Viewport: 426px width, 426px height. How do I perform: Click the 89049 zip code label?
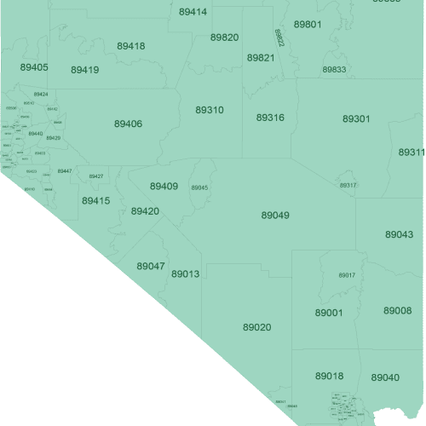275,216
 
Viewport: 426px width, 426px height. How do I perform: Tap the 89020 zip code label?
256,327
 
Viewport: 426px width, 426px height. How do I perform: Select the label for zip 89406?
128,124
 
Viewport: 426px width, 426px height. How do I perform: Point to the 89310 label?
210,111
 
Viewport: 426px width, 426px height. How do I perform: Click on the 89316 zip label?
270,118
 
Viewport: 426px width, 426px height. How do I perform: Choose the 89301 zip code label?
356,118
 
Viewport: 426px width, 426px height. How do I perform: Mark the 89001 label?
328,313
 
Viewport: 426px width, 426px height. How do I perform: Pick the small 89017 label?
346,275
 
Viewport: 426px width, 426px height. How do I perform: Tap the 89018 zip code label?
329,376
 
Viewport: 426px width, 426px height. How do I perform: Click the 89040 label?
385,377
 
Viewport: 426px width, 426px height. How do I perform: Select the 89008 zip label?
397,311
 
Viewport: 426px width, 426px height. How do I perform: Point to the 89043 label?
399,234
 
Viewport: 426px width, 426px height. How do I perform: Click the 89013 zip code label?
185,274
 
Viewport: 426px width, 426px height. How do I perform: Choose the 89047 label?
151,266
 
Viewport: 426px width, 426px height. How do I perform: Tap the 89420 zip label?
145,210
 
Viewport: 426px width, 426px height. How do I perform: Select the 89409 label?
164,186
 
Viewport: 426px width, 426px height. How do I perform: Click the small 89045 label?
199,187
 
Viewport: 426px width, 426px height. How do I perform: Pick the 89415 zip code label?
95,201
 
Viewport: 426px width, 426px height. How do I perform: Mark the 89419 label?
85,70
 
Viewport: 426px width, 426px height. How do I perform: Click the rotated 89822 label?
279,37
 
